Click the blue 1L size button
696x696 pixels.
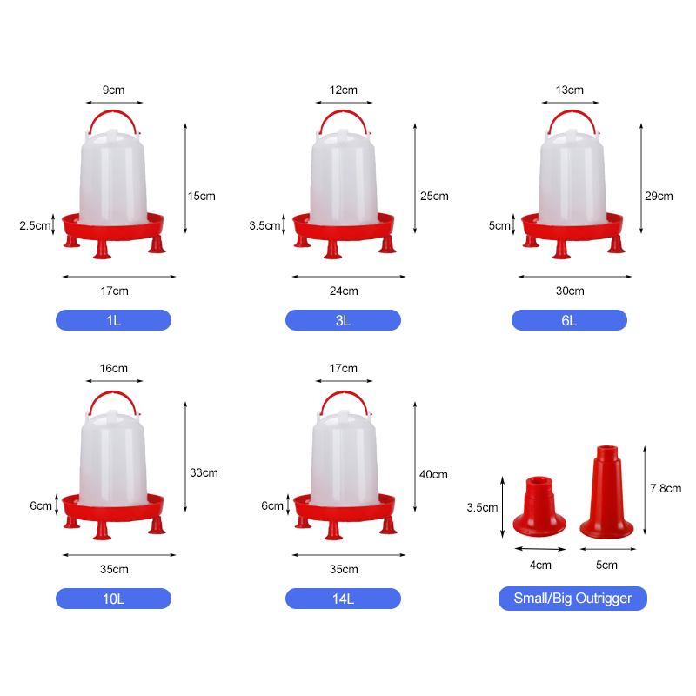click(x=113, y=320)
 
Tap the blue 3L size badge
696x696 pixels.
click(x=343, y=320)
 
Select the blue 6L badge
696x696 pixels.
click(x=569, y=320)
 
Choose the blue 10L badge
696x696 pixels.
click(x=113, y=599)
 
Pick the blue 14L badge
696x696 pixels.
click(x=343, y=599)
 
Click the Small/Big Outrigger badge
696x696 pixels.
click(x=572, y=599)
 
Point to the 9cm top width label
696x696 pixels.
click(x=114, y=90)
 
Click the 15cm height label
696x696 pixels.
click(x=202, y=197)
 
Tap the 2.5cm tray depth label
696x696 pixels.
click(x=35, y=225)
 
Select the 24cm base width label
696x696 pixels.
click(x=344, y=291)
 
